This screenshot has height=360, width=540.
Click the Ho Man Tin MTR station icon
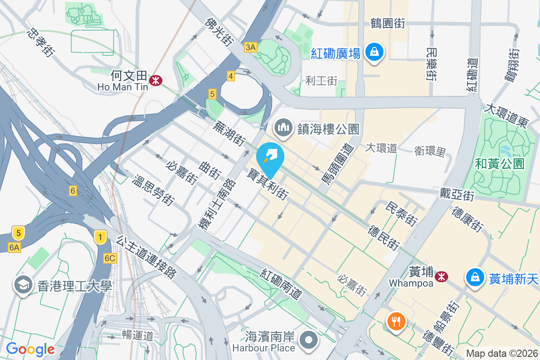point(156,81)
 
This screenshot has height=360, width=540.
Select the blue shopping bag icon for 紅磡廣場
point(374,53)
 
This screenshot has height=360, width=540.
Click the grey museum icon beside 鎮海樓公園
point(283,128)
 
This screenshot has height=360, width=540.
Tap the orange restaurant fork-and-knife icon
point(396,321)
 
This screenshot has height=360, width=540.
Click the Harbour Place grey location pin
point(309,341)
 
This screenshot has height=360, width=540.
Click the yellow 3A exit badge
point(251,47)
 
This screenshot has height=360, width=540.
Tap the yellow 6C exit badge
point(110,258)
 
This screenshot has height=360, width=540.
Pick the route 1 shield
point(100,237)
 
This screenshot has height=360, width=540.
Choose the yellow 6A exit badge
point(14,247)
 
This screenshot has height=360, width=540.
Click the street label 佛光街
point(219,31)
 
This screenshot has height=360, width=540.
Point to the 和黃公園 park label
point(499,163)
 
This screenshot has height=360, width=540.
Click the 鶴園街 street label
point(387,23)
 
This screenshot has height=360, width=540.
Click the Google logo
point(30,349)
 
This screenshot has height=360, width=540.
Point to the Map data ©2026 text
point(502,353)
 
